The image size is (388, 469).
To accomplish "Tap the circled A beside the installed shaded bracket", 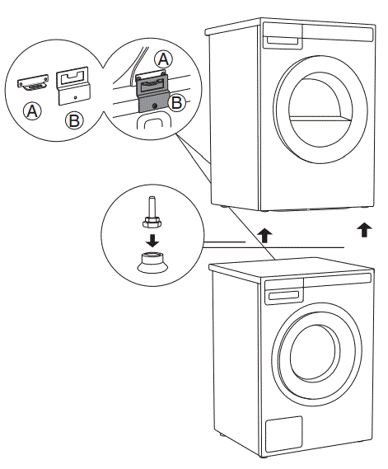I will click(164, 59).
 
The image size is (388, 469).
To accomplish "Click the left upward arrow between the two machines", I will click(264, 235).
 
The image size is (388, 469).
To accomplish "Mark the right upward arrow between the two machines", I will click(363, 229).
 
